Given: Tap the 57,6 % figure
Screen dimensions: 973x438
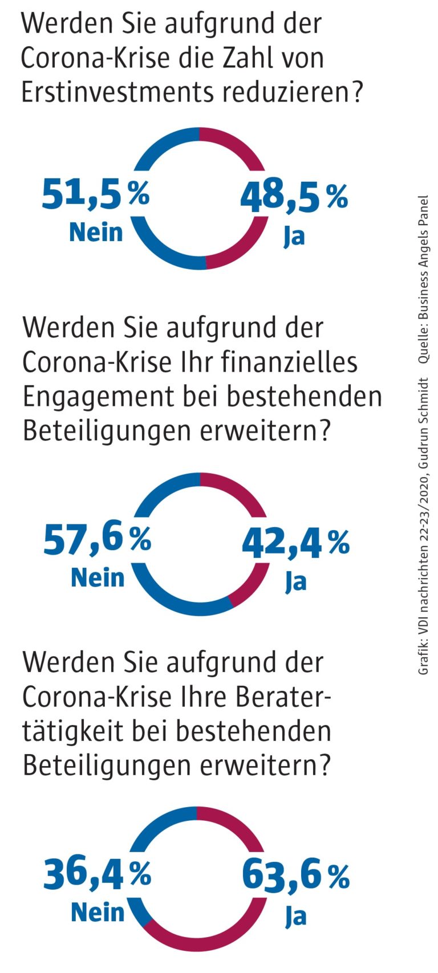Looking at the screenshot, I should [97, 539].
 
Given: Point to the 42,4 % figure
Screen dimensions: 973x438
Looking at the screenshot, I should [295, 542].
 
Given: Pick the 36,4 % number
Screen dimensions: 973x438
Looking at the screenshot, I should [97, 874].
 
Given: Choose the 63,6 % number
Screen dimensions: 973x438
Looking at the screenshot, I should [295, 876].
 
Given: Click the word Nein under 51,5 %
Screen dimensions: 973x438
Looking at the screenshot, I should [96, 232].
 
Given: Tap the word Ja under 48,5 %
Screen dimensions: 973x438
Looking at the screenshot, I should [294, 235].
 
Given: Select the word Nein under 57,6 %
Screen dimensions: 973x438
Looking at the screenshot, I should [98, 577].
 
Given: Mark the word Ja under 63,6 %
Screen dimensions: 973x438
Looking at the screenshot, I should [296, 916].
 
